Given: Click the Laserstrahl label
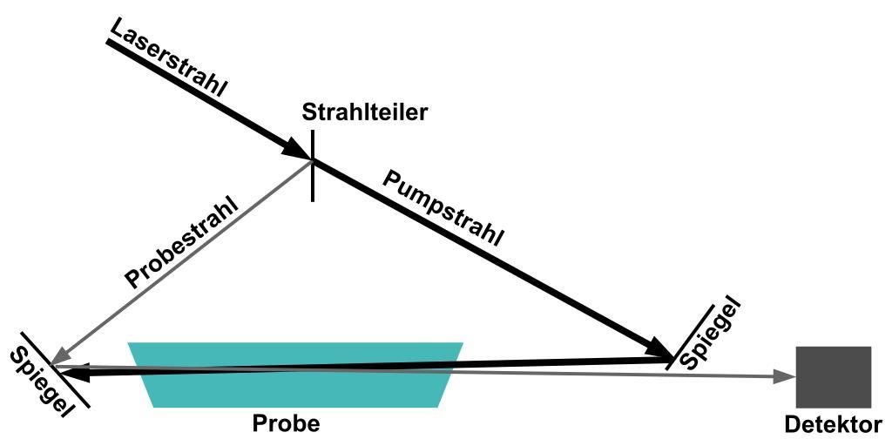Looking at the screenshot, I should coord(169,56).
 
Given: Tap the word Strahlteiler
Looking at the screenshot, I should coord(365,111).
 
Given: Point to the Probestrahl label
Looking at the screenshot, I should coord(182,247).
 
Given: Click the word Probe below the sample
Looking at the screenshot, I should coord(286,424).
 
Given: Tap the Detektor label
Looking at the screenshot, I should coord(833,425).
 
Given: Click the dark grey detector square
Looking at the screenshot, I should coord(834,376).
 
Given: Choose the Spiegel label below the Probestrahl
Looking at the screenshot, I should coord(38,381).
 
